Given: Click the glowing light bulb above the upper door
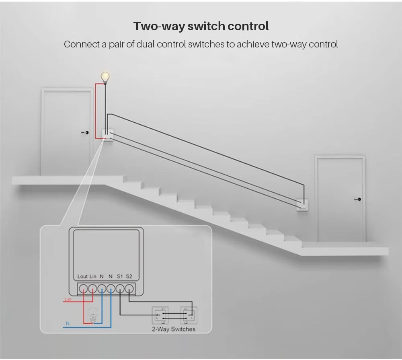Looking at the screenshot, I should (x=105, y=76).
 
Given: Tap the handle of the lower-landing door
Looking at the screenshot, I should (x=358, y=200).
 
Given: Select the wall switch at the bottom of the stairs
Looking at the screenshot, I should (x=302, y=205).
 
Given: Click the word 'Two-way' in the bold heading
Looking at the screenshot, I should (x=158, y=27).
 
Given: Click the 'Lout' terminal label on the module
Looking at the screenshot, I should (x=82, y=276).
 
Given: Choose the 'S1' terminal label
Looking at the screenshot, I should (x=120, y=276).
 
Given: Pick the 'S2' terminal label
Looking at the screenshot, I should (x=129, y=276).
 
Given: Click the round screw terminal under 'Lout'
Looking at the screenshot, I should (x=83, y=288).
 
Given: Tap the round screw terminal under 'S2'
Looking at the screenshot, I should (x=129, y=288).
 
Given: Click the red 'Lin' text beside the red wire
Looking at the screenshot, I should (x=68, y=300).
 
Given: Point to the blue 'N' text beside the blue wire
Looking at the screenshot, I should (x=68, y=323).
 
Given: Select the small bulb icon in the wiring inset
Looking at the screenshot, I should (x=93, y=312).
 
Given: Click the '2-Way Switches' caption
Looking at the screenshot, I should (x=173, y=329).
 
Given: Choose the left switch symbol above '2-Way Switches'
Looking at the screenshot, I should (x=163, y=315).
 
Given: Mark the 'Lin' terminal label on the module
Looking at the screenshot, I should (x=93, y=276).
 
